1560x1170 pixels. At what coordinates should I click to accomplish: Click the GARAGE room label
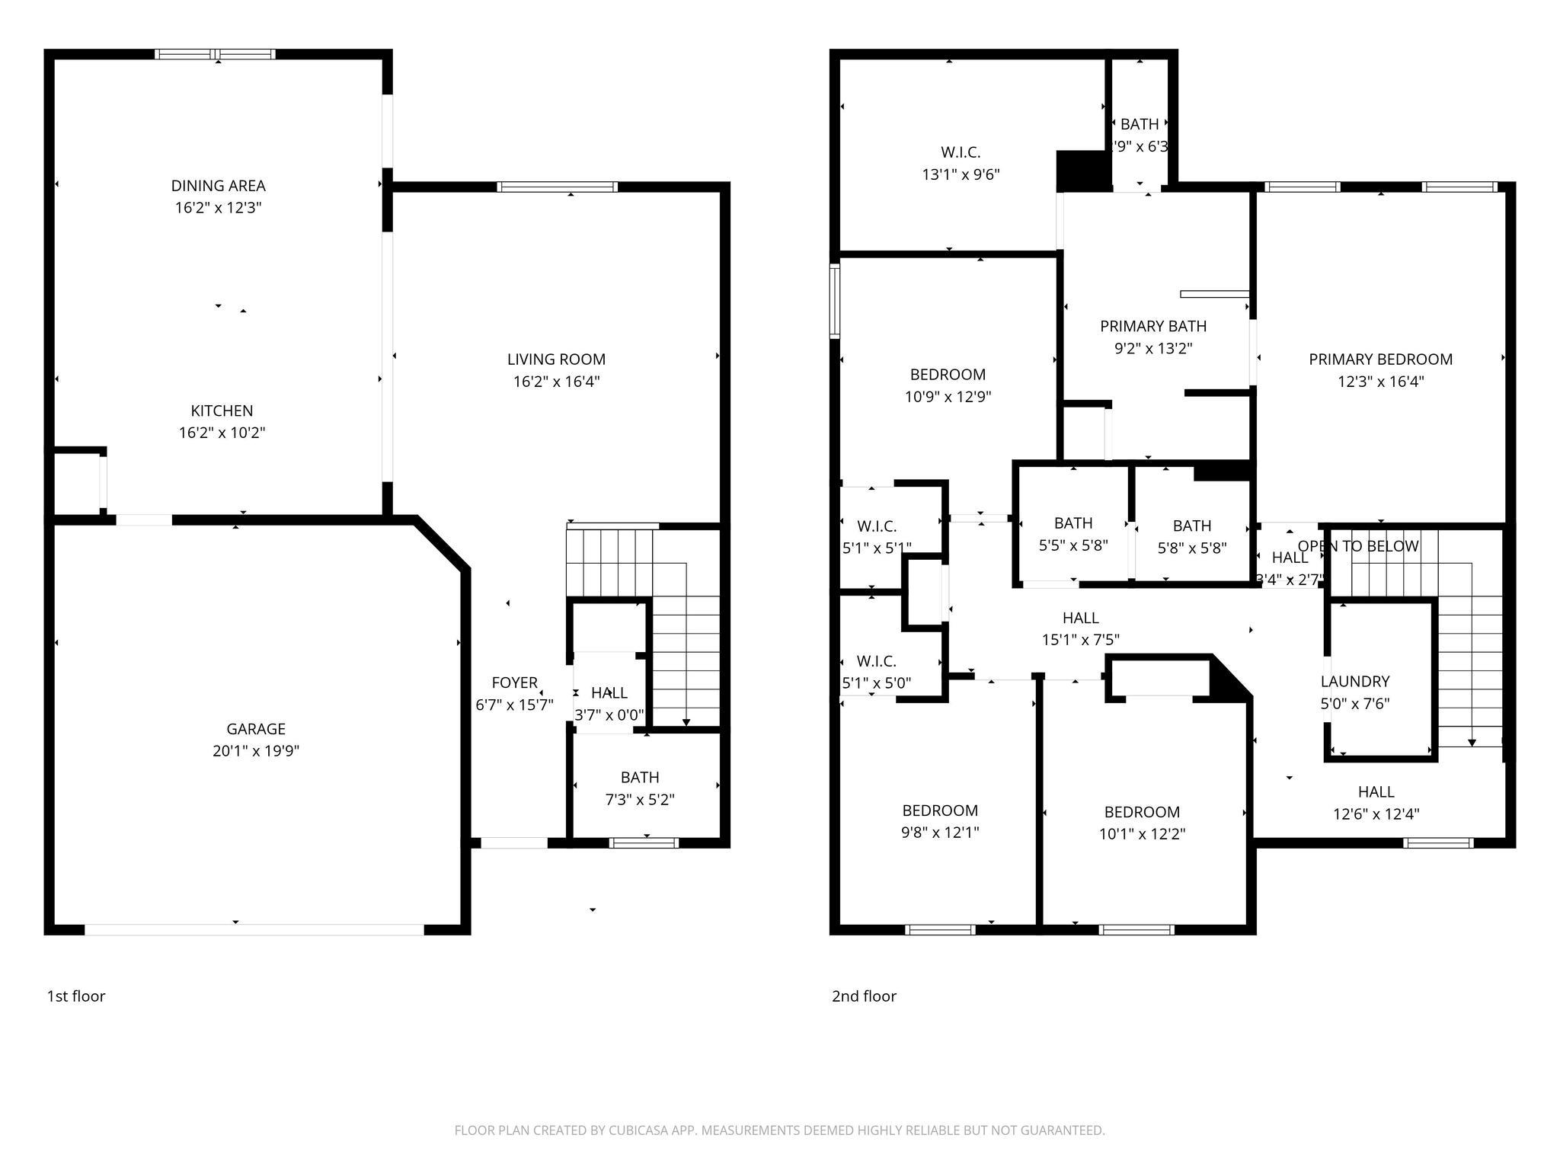pyautogui.click(x=255, y=729)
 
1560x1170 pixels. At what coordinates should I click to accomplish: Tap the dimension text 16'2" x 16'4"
pyautogui.click(x=556, y=382)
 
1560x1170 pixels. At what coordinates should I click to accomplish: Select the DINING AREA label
pyautogui.click(x=218, y=186)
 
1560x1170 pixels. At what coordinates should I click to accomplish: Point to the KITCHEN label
pyautogui.click(x=222, y=411)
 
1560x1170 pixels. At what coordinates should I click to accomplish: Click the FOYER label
pyautogui.click(x=514, y=683)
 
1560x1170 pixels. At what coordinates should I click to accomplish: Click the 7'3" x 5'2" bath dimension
pyautogui.click(x=640, y=800)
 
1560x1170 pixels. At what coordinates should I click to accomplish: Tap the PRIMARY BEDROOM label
pyautogui.click(x=1380, y=360)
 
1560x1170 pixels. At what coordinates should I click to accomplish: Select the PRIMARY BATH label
pyautogui.click(x=1152, y=327)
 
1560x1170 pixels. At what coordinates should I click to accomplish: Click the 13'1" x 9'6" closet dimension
pyautogui.click(x=960, y=174)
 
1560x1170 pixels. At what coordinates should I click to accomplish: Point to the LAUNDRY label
pyautogui.click(x=1354, y=682)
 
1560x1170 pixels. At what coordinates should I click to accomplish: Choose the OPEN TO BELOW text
pyautogui.click(x=1357, y=546)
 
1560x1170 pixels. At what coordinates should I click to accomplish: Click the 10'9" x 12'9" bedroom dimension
pyautogui.click(x=948, y=397)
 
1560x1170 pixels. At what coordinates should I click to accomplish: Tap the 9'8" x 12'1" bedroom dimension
pyautogui.click(x=940, y=833)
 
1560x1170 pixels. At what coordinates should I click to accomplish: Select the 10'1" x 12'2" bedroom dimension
pyautogui.click(x=1142, y=834)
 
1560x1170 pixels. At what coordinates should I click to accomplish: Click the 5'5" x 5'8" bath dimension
pyautogui.click(x=1072, y=545)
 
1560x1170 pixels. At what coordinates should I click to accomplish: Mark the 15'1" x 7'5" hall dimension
pyautogui.click(x=1080, y=641)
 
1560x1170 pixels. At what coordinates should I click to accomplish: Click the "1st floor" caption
pyautogui.click(x=76, y=996)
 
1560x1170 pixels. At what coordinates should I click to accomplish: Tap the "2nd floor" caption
pyautogui.click(x=864, y=996)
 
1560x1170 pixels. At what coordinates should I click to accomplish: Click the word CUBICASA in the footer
pyautogui.click(x=640, y=1130)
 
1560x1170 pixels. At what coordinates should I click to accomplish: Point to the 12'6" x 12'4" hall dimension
pyautogui.click(x=1376, y=814)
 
